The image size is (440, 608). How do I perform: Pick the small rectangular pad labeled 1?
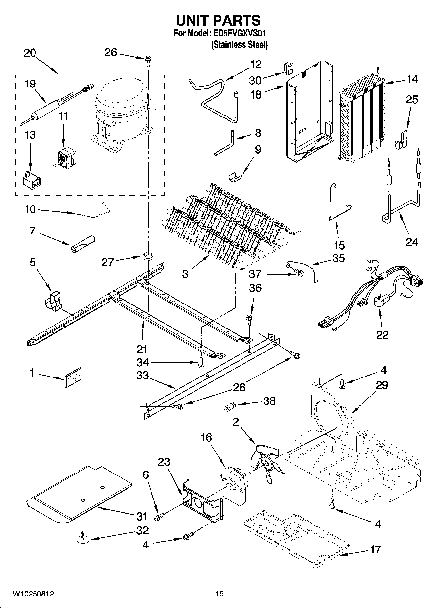(73, 377)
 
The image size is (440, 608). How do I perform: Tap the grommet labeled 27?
(148, 256)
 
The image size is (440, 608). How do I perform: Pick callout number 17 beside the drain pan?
(375, 549)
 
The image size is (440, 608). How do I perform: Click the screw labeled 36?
(249, 319)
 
